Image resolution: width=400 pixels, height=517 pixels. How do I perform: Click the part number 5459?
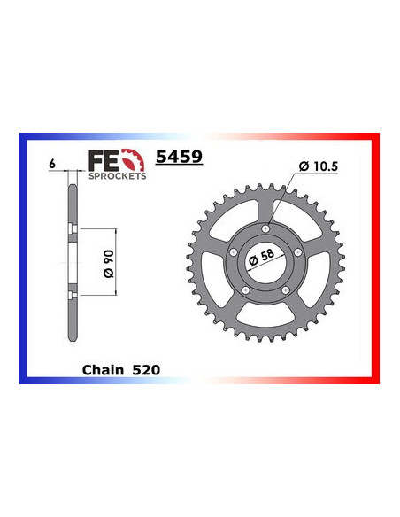(x=180, y=157)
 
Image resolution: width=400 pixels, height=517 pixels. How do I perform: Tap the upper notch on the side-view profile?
(x=69, y=233)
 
